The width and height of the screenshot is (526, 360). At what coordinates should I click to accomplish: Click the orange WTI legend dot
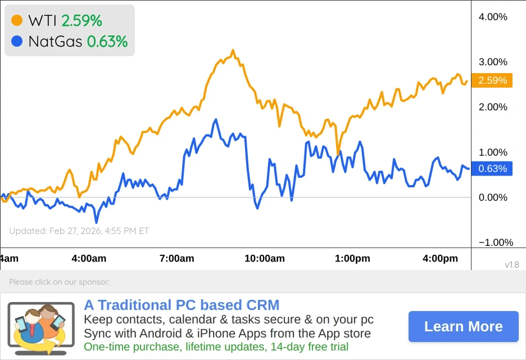click(x=17, y=21)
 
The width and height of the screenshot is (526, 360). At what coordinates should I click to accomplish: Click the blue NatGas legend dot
click(x=17, y=41)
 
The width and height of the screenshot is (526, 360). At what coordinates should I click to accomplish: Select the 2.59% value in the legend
click(x=81, y=21)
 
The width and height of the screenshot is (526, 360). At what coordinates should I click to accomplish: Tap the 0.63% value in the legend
click(x=107, y=41)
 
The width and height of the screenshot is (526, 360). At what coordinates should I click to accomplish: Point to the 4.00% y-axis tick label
click(x=493, y=17)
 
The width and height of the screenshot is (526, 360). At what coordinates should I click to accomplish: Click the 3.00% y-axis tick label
click(x=493, y=62)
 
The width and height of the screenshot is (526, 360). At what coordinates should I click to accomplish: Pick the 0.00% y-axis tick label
click(x=493, y=197)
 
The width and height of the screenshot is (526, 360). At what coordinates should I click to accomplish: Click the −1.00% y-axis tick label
click(x=496, y=242)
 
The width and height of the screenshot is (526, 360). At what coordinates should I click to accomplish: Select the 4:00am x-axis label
click(x=89, y=259)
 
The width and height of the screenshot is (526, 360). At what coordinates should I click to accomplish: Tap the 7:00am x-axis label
click(x=176, y=259)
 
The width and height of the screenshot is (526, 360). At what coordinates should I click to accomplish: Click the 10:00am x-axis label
click(x=265, y=259)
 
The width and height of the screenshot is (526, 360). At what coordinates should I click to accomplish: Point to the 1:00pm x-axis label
click(x=353, y=259)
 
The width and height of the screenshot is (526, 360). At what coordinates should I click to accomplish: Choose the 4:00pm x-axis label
click(x=441, y=259)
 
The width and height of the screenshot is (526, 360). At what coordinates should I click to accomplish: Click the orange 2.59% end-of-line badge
click(x=492, y=80)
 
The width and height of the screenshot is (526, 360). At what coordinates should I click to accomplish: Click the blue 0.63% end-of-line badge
click(x=492, y=168)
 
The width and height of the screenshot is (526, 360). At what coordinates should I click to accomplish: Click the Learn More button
click(x=463, y=326)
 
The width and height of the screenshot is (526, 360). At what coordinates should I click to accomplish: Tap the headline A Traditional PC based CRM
click(x=182, y=305)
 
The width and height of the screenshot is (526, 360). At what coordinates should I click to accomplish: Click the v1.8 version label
click(x=511, y=264)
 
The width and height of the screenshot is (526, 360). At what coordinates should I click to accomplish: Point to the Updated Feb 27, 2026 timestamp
click(x=79, y=231)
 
